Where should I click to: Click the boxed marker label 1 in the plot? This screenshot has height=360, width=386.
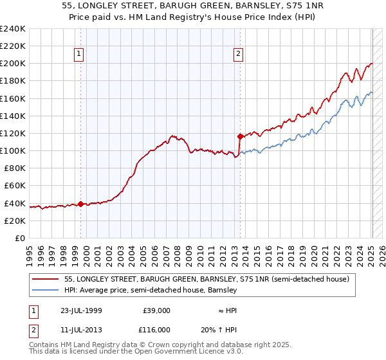pyautogui.click(x=79, y=55)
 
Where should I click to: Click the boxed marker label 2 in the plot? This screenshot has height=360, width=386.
pyautogui.click(x=238, y=55)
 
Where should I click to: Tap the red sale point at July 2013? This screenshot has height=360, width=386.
pyautogui.click(x=240, y=136)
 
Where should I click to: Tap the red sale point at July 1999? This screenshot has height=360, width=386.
pyautogui.click(x=80, y=204)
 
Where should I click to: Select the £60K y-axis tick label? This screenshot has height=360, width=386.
pyautogui.click(x=15, y=186)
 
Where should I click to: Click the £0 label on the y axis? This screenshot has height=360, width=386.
pyautogui.click(x=21, y=238)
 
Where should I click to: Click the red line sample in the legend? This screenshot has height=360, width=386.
pyautogui.click(x=46, y=280)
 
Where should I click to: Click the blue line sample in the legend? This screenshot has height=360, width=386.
pyautogui.click(x=46, y=291)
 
